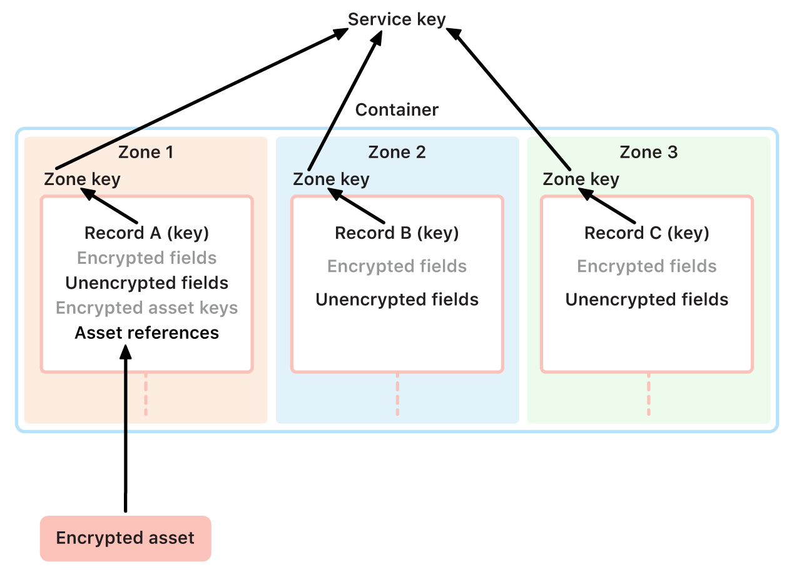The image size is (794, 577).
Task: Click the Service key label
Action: click(397, 19)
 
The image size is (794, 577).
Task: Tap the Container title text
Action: click(397, 110)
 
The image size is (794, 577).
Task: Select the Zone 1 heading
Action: click(146, 153)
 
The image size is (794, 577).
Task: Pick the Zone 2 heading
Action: click(397, 153)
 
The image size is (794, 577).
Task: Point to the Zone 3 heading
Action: click(648, 153)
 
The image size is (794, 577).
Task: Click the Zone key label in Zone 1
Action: click(82, 179)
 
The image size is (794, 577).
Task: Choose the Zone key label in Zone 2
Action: click(331, 179)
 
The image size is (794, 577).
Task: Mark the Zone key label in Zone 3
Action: click(581, 179)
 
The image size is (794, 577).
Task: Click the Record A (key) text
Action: click(146, 233)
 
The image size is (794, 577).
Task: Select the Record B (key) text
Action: click(397, 233)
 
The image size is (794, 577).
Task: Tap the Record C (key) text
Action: click(646, 233)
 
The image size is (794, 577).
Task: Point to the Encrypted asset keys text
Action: click(146, 308)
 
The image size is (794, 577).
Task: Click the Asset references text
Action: click(146, 333)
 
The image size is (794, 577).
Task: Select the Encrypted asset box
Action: click(126, 538)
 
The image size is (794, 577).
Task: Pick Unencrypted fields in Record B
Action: click(397, 299)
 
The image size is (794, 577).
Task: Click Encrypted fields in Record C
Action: click(646, 266)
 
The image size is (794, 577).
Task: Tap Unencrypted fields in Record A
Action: click(146, 283)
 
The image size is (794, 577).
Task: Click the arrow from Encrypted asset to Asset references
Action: click(126, 431)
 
